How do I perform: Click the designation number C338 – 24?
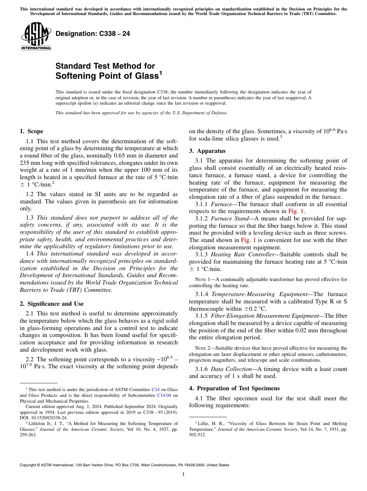tap(93, 34)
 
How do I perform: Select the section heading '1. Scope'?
tap(31, 131)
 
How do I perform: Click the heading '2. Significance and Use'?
tap(51, 304)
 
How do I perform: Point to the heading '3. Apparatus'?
tap(207, 151)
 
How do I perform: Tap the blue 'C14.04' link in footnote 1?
tap(164, 395)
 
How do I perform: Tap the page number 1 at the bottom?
tap(183, 474)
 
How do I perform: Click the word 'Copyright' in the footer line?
tap(29, 465)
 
